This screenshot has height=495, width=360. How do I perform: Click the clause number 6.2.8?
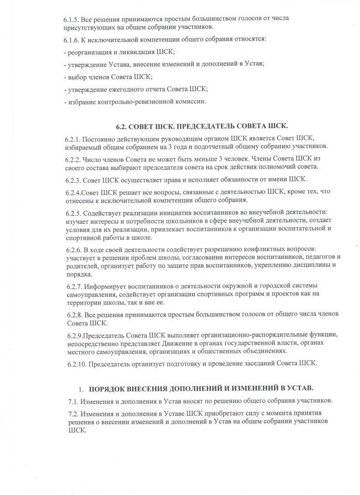[x=73, y=314]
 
